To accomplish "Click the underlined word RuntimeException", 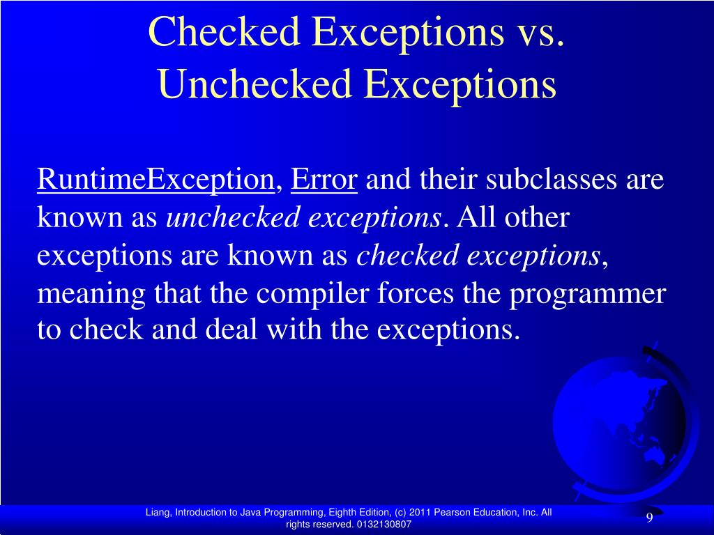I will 155,180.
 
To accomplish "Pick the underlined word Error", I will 324,180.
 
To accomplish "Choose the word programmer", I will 587,294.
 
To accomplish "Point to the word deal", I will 233,331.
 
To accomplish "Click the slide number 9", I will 649,518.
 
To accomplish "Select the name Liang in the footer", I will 158,513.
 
